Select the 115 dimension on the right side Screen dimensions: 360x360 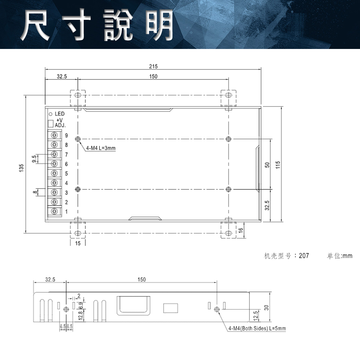(x=278, y=165)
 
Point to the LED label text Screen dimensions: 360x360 (x=59, y=114)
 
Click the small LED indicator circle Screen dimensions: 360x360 (x=50, y=114)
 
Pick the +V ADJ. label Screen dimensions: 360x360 (x=60, y=123)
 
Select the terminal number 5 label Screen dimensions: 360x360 (x=66, y=174)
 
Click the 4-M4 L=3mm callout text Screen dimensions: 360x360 (x=101, y=148)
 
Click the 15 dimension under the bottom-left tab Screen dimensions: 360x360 (x=78, y=244)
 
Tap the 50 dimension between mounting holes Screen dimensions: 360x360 (x=267, y=165)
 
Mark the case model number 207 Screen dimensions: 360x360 (x=304, y=256)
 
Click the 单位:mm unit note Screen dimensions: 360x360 (x=339, y=256)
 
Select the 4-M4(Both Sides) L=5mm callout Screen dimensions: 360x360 (x=257, y=328)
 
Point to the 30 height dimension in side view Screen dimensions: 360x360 (x=266, y=307)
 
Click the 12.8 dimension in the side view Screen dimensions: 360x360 (x=81, y=316)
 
